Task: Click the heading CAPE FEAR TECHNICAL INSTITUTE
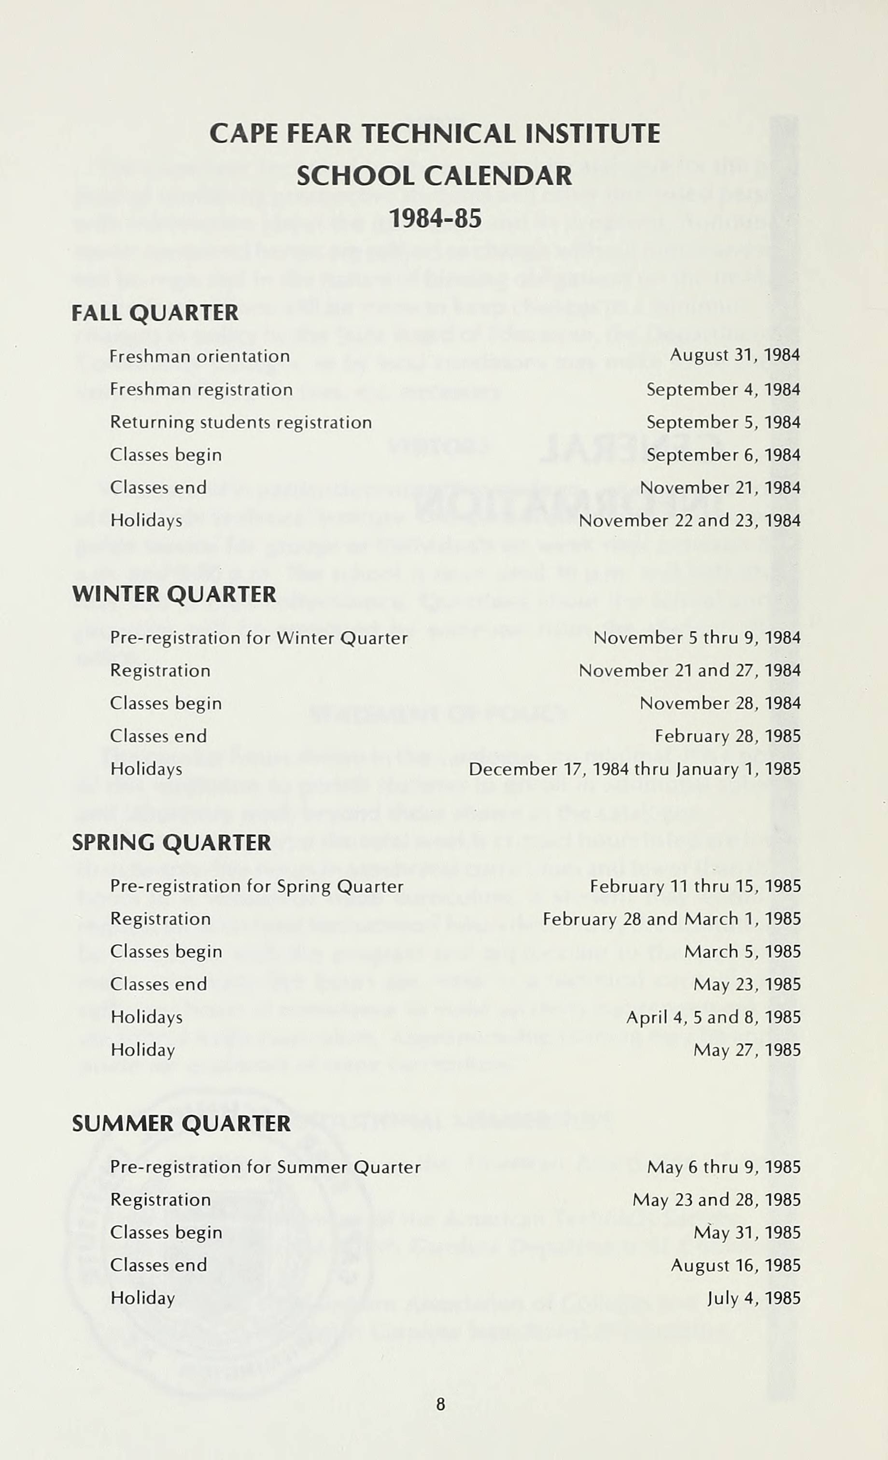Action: [435, 133]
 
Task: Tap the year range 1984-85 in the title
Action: [435, 219]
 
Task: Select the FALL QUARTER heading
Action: [155, 313]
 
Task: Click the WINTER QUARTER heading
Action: [174, 594]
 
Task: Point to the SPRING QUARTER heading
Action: [171, 842]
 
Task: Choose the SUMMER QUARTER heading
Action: [181, 1123]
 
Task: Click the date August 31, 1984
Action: [734, 355]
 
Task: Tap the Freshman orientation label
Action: [200, 356]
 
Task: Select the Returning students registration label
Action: [240, 422]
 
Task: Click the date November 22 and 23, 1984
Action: [690, 521]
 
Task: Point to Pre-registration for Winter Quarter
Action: [259, 638]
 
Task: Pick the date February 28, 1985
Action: [727, 737]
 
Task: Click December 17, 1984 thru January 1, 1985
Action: [634, 769]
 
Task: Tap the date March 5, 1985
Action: [742, 952]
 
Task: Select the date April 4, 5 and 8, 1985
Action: [713, 1017]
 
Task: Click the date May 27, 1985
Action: [747, 1050]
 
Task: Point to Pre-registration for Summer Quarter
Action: [265, 1167]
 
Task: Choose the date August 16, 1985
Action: [735, 1265]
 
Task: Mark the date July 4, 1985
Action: [753, 1298]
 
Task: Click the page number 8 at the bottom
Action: [440, 1404]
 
